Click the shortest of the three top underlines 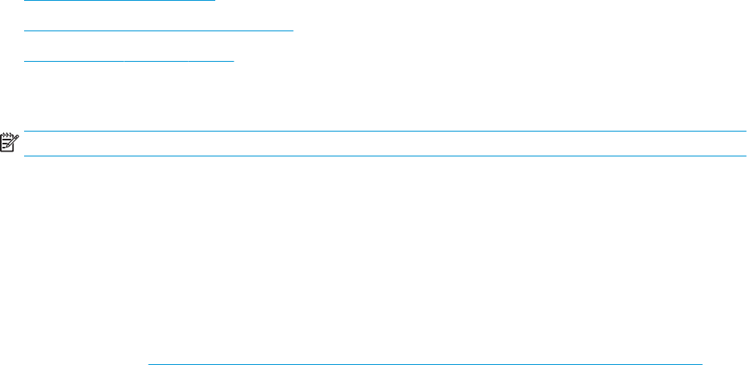pyautogui.click(x=120, y=1)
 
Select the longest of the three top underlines pyautogui.click(x=160, y=30)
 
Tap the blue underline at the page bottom pyautogui.click(x=426, y=363)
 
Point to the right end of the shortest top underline pyautogui.click(x=215, y=1)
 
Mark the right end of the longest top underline pyautogui.click(x=294, y=30)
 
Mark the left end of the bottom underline pyautogui.click(x=150, y=363)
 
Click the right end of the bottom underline pyautogui.click(x=701, y=363)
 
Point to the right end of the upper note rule pyautogui.click(x=745, y=132)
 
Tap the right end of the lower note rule pyautogui.click(x=745, y=156)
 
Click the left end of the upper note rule pyautogui.click(x=26, y=132)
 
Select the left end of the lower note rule pyautogui.click(x=26, y=156)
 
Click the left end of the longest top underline pyautogui.click(x=26, y=30)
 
